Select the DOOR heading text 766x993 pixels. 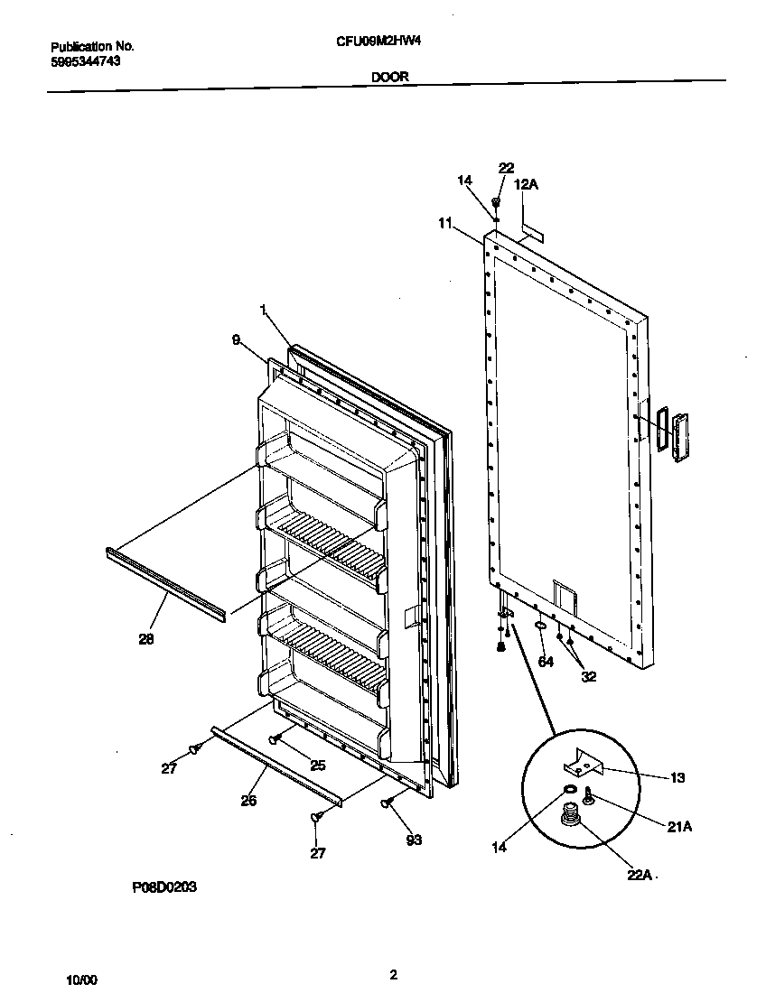389,78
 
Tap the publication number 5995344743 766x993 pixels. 86,61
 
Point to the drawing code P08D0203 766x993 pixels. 164,887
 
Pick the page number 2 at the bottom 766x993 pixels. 393,974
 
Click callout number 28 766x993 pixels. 145,639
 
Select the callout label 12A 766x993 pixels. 526,185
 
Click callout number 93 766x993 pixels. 414,840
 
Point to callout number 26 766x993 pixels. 248,799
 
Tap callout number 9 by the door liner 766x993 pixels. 236,340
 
